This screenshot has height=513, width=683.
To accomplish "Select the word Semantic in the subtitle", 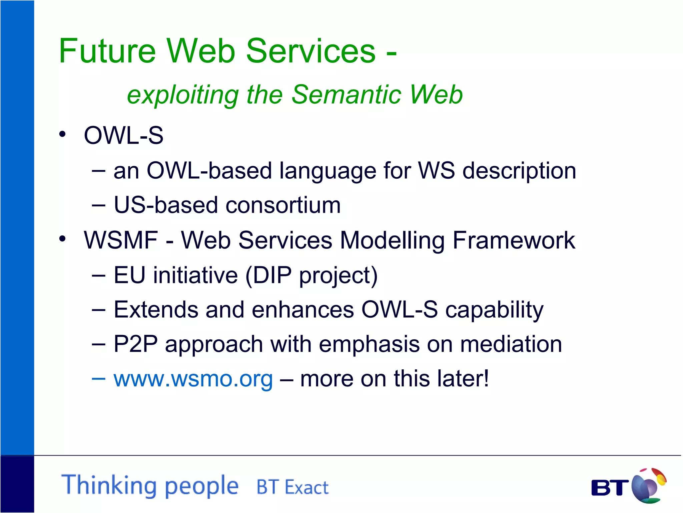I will pyautogui.click(x=347, y=95).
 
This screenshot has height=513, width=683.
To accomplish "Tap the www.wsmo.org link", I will pyautogui.click(x=193, y=379).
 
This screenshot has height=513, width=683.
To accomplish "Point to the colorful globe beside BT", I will pyautogui.click(x=648, y=486).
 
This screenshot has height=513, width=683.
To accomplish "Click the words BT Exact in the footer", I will pyautogui.click(x=292, y=487).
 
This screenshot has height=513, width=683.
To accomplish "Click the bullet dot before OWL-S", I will pyautogui.click(x=62, y=135).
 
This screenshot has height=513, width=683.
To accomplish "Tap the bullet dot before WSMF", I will pyautogui.click(x=62, y=239).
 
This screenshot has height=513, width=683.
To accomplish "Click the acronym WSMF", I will pyautogui.click(x=121, y=240).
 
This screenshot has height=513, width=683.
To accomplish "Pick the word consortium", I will pyautogui.click(x=283, y=205).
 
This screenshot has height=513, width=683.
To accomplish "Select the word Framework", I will pyautogui.click(x=514, y=240).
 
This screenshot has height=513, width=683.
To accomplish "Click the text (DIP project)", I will pyautogui.click(x=311, y=276).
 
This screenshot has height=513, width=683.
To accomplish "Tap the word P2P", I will pyautogui.click(x=135, y=344).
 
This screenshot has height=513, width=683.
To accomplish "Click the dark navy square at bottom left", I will pyautogui.click(x=17, y=484).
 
